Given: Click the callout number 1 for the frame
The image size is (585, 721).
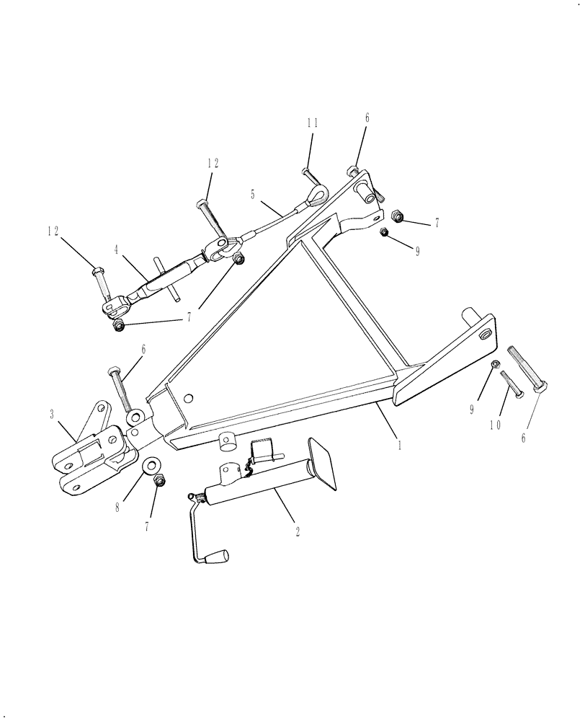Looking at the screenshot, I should [x=398, y=446].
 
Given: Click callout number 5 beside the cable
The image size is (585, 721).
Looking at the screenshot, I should [x=252, y=194].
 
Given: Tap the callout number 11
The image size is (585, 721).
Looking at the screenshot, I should [x=311, y=123].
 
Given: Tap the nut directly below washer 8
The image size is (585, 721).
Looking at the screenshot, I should [x=160, y=479].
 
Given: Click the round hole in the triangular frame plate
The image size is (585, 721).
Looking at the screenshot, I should [x=189, y=397].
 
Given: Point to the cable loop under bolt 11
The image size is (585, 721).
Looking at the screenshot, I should [x=318, y=192].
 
